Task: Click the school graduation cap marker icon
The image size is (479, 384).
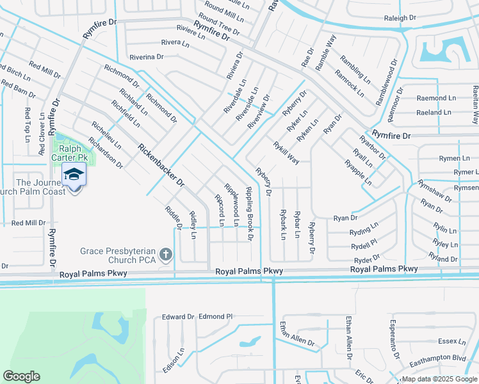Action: coord(74,175)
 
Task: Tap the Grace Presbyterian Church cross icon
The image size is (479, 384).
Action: coord(166,255)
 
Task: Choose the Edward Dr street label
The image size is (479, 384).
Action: coord(177,317)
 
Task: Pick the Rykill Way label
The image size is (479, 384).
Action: coord(286,154)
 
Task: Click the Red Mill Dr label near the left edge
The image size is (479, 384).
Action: coord(29,223)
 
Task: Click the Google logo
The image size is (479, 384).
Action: coord(21,376)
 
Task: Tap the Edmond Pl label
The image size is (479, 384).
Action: coord(216,316)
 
